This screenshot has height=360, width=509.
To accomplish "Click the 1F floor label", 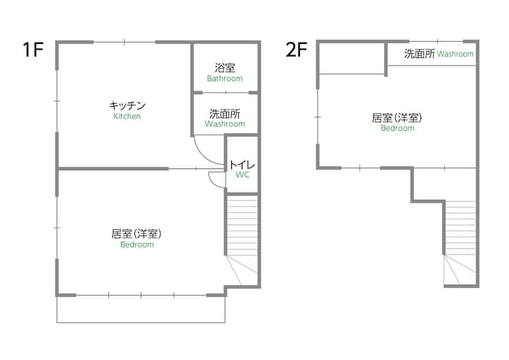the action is [x=33, y=50].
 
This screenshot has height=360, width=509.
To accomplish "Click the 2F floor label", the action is [x=296, y=50].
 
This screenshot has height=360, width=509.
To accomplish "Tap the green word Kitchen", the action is [x=127, y=116].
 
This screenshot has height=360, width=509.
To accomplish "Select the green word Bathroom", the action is [x=225, y=79].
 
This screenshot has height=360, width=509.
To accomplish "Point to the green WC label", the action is [x=242, y=175].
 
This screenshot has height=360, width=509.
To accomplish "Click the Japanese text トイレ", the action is [x=242, y=165].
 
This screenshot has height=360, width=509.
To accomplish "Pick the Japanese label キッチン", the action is [x=127, y=105].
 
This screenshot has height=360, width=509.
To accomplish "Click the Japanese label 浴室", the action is [x=225, y=68].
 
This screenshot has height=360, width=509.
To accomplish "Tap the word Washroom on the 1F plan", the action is [x=225, y=124].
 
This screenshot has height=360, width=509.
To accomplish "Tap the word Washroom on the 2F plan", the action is [x=455, y=54].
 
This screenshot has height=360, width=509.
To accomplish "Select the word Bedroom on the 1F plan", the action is [x=137, y=244].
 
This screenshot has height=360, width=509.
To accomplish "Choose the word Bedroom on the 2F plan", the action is [x=397, y=128].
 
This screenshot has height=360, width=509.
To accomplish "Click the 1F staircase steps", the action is [x=242, y=240].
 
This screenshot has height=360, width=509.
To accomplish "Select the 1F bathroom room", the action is [x=226, y=68].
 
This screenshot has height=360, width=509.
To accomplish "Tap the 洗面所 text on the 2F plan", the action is [x=419, y=54].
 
